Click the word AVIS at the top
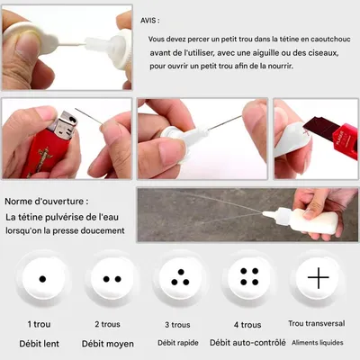(148, 21)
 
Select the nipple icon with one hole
(42, 279)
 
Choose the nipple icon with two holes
(112, 279)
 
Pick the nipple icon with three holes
(180, 278)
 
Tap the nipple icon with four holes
(249, 276)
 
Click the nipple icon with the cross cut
(318, 278)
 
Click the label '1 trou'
(39, 324)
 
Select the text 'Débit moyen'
(108, 344)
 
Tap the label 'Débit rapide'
(178, 343)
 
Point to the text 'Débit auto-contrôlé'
(247, 343)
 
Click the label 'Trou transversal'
(317, 323)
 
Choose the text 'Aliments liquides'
(318, 343)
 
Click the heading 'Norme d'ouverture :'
(47, 202)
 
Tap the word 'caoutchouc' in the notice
(330, 40)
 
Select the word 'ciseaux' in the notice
(326, 53)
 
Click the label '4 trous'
(247, 325)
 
